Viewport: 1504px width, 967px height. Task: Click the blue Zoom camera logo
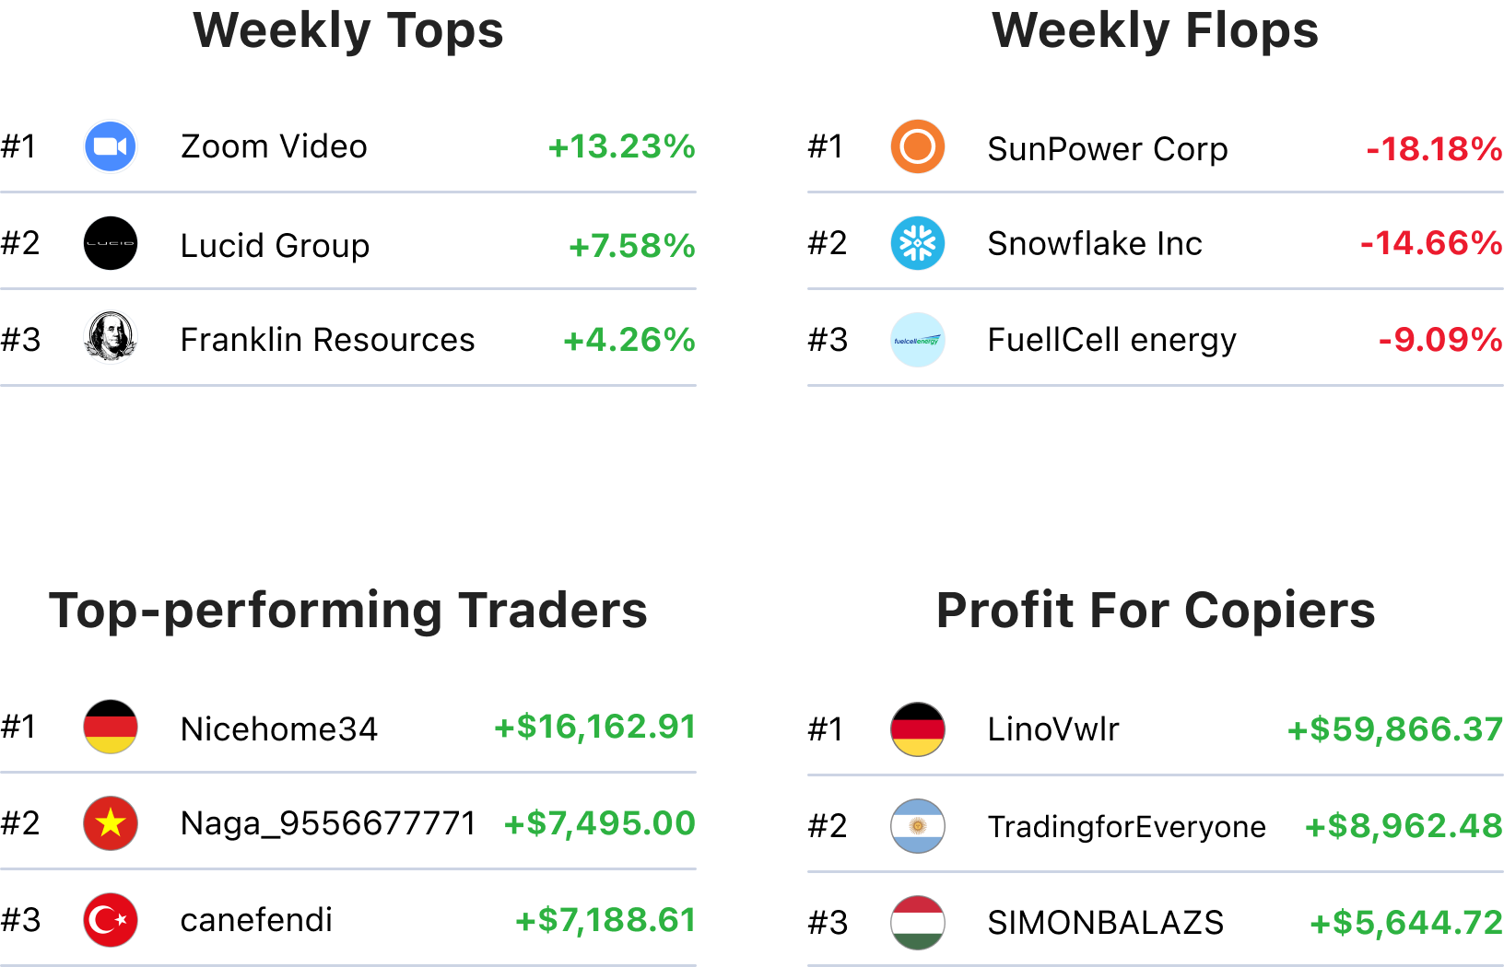click(x=111, y=146)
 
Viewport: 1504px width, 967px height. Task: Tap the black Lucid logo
click(x=111, y=243)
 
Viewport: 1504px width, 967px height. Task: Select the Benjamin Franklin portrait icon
click(x=111, y=337)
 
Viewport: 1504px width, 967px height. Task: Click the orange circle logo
click(x=918, y=146)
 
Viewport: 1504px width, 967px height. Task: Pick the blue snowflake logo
click(x=918, y=243)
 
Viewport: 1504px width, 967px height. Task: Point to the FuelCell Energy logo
click(x=918, y=340)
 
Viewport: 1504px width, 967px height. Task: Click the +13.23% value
click(x=622, y=146)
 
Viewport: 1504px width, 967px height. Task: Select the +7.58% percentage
click(x=632, y=246)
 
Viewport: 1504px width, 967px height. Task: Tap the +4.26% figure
click(x=629, y=340)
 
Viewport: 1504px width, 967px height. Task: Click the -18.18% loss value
click(x=1434, y=149)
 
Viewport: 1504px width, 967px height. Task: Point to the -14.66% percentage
click(x=1431, y=243)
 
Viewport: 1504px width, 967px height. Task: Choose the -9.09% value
click(x=1440, y=340)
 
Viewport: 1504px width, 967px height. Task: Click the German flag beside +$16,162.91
click(x=111, y=727)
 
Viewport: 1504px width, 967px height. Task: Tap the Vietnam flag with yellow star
click(x=111, y=823)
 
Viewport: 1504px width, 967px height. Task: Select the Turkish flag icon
click(x=111, y=920)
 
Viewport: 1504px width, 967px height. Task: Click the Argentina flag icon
click(x=918, y=826)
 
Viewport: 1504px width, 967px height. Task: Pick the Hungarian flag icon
click(x=918, y=923)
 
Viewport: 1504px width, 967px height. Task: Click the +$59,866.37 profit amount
click(x=1395, y=729)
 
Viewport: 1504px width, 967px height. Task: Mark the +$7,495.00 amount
click(x=600, y=823)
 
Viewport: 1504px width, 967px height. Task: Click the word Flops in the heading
click(x=1251, y=30)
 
